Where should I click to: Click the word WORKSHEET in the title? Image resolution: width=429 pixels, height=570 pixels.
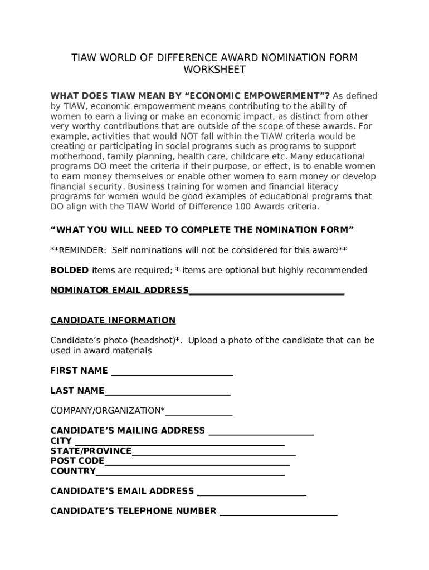(214, 70)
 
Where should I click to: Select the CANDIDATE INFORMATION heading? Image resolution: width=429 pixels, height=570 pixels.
(113, 320)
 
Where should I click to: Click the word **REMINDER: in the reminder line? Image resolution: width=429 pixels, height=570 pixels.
(79, 250)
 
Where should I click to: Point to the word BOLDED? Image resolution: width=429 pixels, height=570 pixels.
(70, 270)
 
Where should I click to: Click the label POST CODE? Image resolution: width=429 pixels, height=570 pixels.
(77, 461)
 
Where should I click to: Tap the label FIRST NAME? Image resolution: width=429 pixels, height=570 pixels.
(79, 371)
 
